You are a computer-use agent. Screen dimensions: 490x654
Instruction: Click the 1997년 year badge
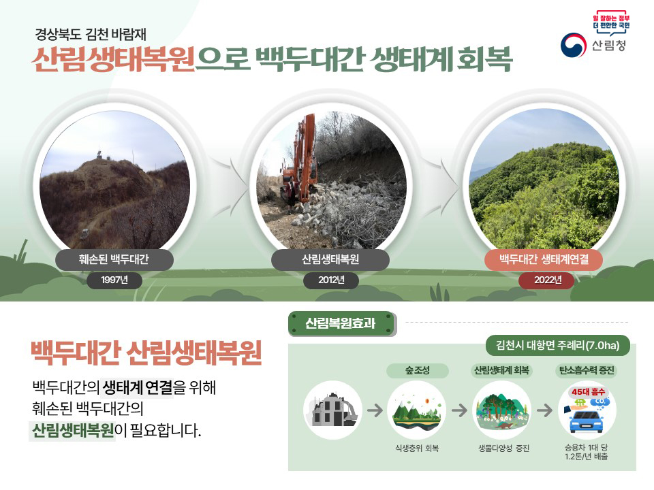(x=114, y=280)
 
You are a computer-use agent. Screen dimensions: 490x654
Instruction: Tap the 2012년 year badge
(x=332, y=280)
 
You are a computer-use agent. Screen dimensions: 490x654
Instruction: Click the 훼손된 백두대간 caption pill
(x=114, y=259)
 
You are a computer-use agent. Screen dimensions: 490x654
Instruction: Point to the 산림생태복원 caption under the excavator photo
(x=330, y=259)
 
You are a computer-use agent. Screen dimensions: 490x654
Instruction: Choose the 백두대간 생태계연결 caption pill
(x=544, y=259)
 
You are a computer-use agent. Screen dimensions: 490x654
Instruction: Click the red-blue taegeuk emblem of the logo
(x=574, y=46)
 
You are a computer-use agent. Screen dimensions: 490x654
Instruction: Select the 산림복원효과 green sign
(x=341, y=323)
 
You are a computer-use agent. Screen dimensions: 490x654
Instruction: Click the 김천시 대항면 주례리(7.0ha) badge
(x=558, y=345)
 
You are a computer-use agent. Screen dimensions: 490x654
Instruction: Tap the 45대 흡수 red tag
(x=588, y=391)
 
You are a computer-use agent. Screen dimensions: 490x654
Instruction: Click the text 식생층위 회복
(x=417, y=448)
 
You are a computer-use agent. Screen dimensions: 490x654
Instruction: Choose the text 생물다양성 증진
(x=503, y=448)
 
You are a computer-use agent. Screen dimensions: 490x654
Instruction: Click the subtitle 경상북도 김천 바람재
(x=95, y=33)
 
